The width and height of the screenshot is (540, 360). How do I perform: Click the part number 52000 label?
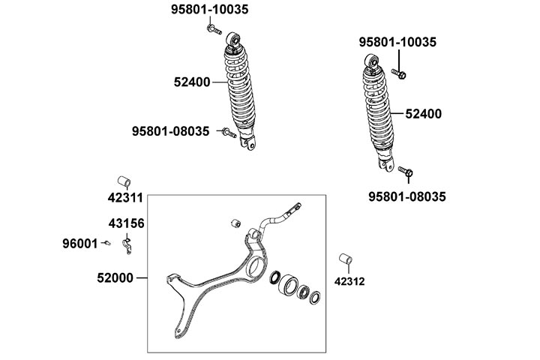click(x=115, y=277)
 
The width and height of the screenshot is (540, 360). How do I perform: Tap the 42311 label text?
click(x=125, y=198)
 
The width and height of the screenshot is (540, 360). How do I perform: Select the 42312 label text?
click(x=349, y=281)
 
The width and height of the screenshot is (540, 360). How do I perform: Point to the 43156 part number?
click(x=127, y=223)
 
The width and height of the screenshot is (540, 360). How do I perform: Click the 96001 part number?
click(x=80, y=244)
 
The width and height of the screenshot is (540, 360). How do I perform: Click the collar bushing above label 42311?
click(x=124, y=181)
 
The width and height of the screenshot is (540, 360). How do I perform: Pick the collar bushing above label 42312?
click(x=346, y=259)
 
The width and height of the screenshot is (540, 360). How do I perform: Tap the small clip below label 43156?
click(x=127, y=246)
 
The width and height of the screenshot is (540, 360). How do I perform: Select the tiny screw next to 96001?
click(x=107, y=243)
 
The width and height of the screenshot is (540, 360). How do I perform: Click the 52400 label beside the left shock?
click(x=192, y=82)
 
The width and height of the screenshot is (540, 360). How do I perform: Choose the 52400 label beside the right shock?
click(x=423, y=114)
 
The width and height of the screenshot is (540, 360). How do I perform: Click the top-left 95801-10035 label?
click(x=210, y=10)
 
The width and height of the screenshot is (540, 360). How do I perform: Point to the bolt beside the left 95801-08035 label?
click(x=229, y=133)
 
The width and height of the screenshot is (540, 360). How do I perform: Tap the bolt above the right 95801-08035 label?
click(x=406, y=171)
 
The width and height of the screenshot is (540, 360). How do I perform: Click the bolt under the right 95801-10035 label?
click(x=399, y=73)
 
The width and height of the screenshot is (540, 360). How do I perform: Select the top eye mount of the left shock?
click(x=234, y=40)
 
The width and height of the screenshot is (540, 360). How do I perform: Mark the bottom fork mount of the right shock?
click(x=385, y=165)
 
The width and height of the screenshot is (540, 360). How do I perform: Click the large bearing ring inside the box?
click(x=288, y=284)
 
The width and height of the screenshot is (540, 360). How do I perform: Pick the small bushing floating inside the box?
click(x=235, y=223)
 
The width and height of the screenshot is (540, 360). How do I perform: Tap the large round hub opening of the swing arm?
click(x=255, y=267)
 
